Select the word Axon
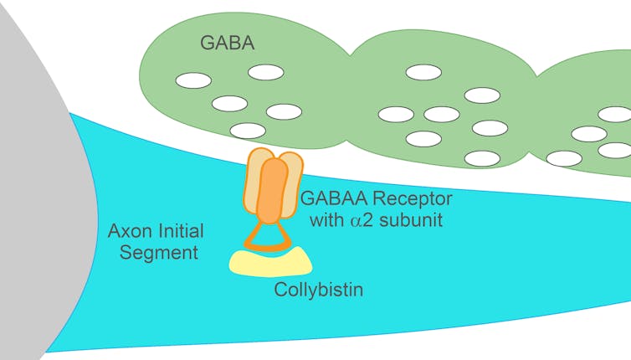click(129, 231)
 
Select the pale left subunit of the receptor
click(254, 180)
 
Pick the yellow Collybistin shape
click(270, 260)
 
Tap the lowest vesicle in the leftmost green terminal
click(248, 130)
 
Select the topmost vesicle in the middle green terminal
click(423, 74)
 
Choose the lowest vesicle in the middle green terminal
click(482, 157)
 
